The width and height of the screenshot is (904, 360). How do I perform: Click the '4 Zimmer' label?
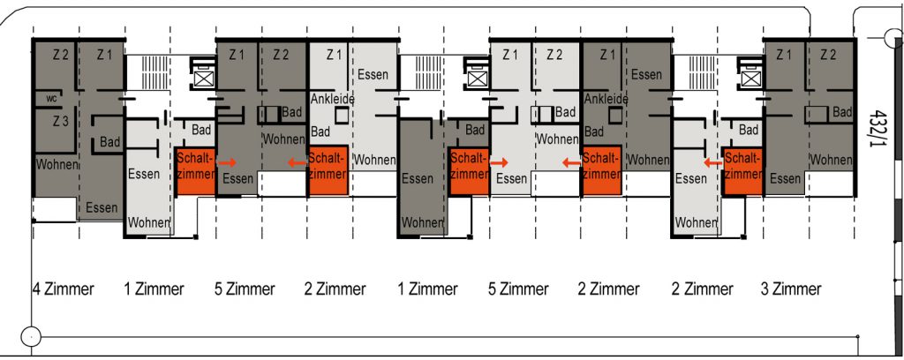[63, 289]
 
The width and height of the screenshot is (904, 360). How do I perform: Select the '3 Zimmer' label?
[791, 289]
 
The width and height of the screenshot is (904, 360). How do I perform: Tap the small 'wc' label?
[51, 99]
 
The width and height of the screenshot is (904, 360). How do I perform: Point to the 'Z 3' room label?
[61, 122]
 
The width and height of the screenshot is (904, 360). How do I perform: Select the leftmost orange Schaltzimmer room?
[195, 171]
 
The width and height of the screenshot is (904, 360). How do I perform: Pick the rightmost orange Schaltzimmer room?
[743, 171]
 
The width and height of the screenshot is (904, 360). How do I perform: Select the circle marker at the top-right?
[893, 39]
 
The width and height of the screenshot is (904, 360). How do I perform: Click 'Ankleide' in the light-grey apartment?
[332, 99]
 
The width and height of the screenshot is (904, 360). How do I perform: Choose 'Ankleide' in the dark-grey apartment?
[606, 99]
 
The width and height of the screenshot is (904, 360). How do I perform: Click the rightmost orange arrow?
[713, 163]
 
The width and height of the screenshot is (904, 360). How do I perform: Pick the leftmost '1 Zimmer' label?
[154, 289]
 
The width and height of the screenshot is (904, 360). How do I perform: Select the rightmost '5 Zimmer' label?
[517, 289]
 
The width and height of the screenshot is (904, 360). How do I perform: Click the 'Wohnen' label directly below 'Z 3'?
[57, 164]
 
